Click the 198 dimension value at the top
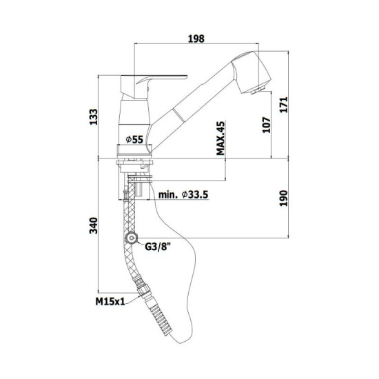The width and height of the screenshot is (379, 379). click(x=196, y=39)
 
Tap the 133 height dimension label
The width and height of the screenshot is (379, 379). click(x=94, y=117)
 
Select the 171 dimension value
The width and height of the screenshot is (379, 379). click(x=284, y=105)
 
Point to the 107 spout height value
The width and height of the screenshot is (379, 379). click(x=266, y=125)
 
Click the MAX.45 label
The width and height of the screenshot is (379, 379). click(x=221, y=138)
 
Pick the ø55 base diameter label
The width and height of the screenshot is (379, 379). click(x=134, y=139)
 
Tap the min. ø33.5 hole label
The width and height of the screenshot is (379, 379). click(x=183, y=194)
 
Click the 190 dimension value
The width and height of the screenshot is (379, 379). click(x=284, y=198)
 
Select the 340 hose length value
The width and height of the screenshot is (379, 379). click(x=94, y=225)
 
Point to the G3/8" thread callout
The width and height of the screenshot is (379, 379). click(x=158, y=247)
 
